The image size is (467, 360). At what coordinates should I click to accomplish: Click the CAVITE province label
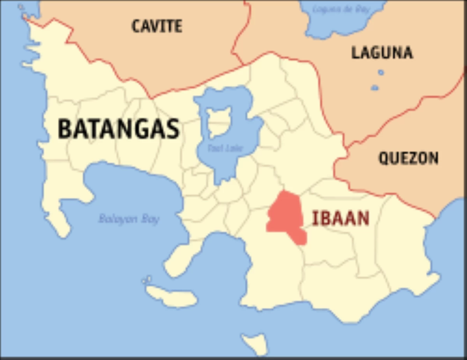[x=157, y=26]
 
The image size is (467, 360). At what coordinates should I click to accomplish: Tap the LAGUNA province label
[x=382, y=52]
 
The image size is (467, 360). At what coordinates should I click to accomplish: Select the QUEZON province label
[x=408, y=158]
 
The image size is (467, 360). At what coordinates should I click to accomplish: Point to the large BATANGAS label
[x=119, y=129]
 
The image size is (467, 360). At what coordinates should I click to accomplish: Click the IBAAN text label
[x=341, y=218]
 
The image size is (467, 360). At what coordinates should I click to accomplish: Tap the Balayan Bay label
[x=129, y=219]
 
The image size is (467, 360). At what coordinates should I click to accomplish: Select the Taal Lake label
[x=225, y=148]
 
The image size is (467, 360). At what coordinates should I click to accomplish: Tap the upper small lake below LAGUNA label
[x=381, y=72]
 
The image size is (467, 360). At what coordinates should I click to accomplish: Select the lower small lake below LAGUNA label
[x=374, y=87]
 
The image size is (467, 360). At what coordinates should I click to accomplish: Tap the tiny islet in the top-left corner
[x=21, y=7]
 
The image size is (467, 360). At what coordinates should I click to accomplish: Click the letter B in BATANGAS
[x=65, y=129]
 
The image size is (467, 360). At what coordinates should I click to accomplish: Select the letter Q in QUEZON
[x=384, y=158]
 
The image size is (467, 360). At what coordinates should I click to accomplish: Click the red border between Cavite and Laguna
[x=238, y=35]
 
